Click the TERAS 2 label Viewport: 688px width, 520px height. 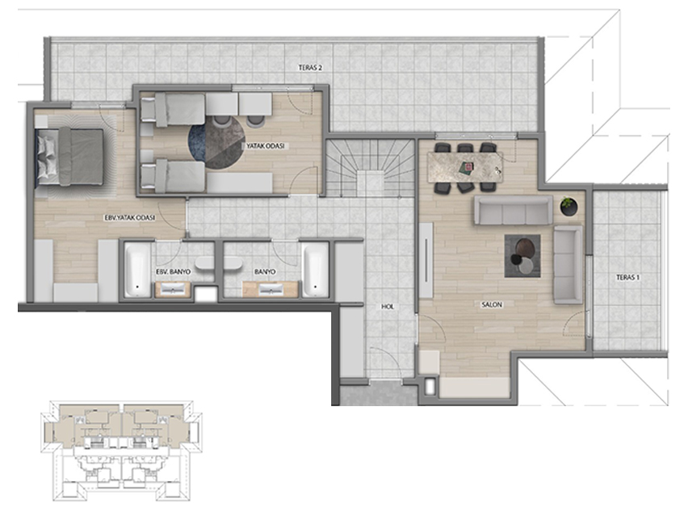(x=310, y=68)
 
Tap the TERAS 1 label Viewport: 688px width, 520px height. (x=627, y=277)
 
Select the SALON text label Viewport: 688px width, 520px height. (x=492, y=304)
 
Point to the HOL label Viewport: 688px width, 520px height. (x=387, y=307)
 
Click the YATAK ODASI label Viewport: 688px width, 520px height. (x=265, y=145)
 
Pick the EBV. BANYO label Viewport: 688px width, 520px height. (x=174, y=271)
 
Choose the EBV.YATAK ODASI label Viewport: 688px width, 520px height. (x=129, y=217)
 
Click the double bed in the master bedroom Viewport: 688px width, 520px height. (x=70, y=157)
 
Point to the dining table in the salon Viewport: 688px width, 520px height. (x=466, y=167)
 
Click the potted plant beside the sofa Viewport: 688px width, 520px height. (x=569, y=205)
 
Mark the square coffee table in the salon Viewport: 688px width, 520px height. (x=522, y=256)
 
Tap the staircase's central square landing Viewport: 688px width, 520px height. (x=370, y=184)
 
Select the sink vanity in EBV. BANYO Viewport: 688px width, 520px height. (x=173, y=289)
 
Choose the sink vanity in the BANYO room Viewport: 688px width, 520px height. (x=271, y=289)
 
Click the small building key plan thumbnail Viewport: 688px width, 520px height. (x=122, y=451)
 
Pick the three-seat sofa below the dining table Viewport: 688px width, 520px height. (x=513, y=210)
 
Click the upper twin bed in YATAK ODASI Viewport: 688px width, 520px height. (x=173, y=109)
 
